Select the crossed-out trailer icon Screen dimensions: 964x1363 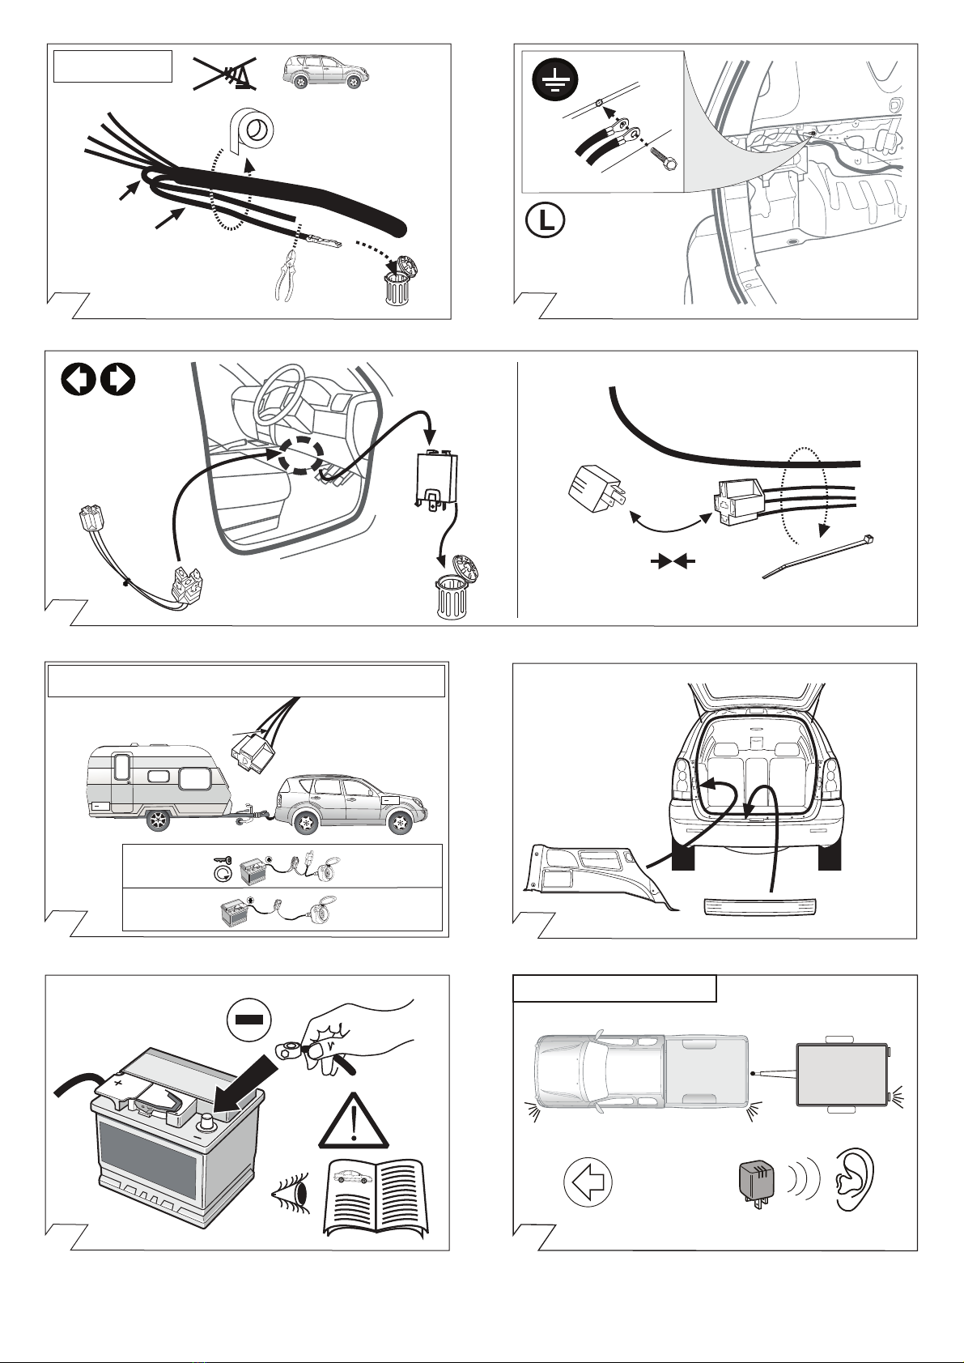tap(224, 72)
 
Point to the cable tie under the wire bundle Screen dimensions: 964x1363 tap(817, 556)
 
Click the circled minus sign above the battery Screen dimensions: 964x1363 tap(248, 1019)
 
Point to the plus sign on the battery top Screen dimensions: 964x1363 tap(118, 1083)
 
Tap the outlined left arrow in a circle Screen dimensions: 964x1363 tap(588, 1182)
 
